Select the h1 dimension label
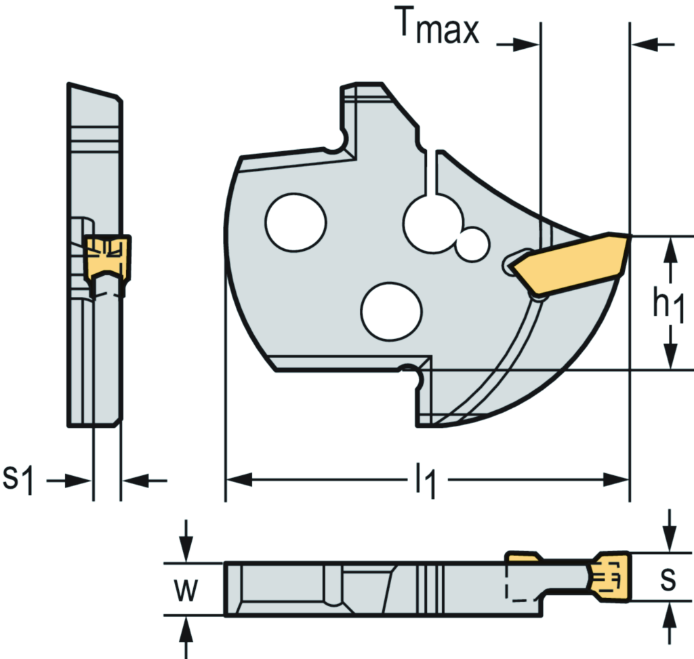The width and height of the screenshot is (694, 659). (x=667, y=304)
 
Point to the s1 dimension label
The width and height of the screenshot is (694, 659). (x=18, y=480)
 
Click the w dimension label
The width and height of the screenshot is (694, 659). (x=184, y=590)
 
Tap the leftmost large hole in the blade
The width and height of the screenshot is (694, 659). (x=296, y=222)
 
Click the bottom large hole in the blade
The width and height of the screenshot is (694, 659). (x=392, y=311)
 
